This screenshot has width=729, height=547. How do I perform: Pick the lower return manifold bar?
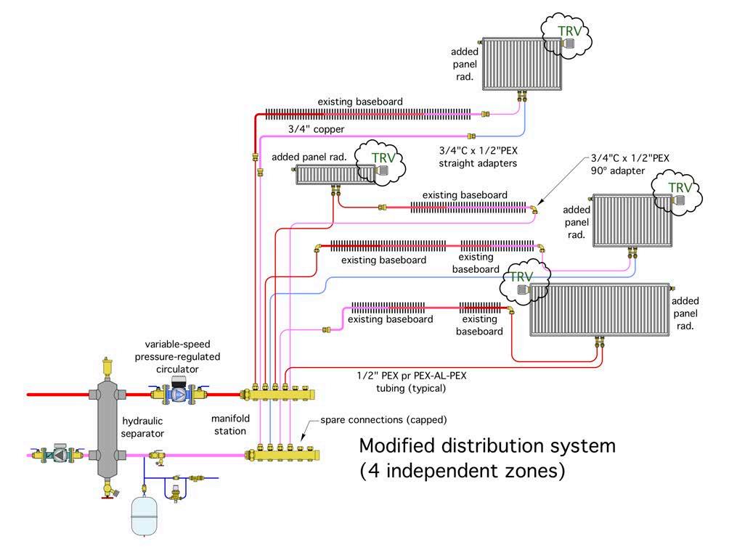point(283,455)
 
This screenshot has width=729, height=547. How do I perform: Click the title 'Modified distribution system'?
point(487,445)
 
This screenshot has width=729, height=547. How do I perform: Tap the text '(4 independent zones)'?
point(463,471)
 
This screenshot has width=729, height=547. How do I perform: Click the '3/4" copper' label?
point(315,128)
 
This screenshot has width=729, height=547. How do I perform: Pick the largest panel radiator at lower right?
point(598,310)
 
